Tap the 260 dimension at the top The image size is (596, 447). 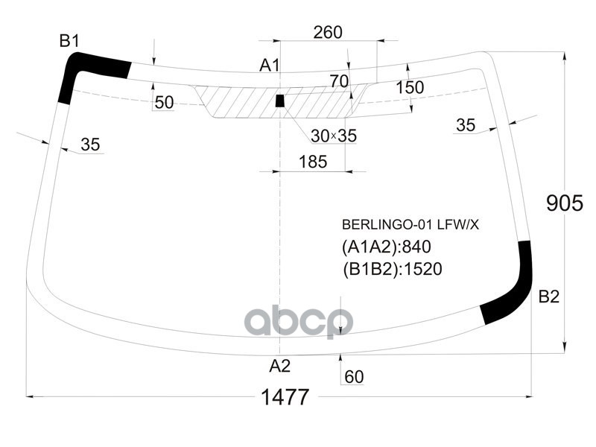click(328, 32)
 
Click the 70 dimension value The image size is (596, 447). click(339, 81)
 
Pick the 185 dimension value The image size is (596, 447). click(312, 161)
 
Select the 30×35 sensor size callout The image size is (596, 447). click(334, 136)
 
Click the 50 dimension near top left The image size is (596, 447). click(165, 103)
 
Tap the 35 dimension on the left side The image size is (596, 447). click(90, 145)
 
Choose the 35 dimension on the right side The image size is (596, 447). click(466, 125)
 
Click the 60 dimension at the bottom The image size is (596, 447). click(354, 378)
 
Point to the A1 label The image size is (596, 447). click(269, 66)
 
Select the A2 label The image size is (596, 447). click(279, 366)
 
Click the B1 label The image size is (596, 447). click(69, 42)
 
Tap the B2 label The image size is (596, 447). click(548, 297)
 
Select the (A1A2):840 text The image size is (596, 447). click(387, 247)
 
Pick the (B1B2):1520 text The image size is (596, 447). click(393, 269)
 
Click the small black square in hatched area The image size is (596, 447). click(280, 101)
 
